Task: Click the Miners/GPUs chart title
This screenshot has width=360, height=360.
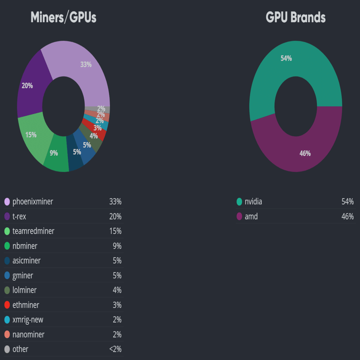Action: coord(64,17)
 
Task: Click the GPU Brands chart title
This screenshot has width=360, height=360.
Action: coord(296,17)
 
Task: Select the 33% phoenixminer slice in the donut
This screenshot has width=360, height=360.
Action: coord(85,67)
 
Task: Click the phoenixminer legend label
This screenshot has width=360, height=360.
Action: coord(33,202)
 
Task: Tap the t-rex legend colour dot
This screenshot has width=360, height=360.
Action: coord(7,217)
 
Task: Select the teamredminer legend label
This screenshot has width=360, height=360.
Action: coord(33,231)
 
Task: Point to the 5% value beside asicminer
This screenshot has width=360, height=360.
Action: coord(117,261)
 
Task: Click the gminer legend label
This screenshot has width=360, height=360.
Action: coord(23,275)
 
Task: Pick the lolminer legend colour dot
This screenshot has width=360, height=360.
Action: coord(7,290)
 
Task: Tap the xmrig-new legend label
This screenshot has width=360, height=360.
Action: coord(28,320)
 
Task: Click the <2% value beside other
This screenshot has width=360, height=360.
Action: coord(115,349)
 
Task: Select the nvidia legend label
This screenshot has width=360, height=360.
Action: coord(253,202)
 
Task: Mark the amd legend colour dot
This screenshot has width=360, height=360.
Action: coord(239,217)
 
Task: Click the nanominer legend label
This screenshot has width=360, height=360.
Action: coord(28,335)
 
